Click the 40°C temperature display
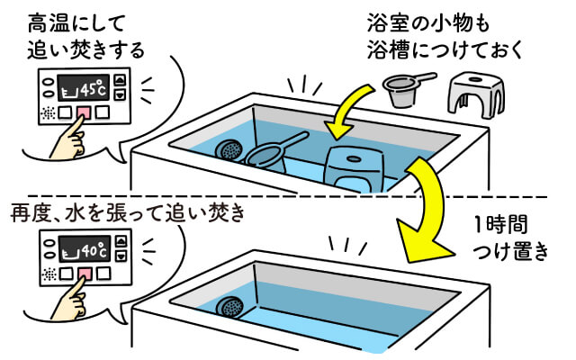click(x=83, y=246)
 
